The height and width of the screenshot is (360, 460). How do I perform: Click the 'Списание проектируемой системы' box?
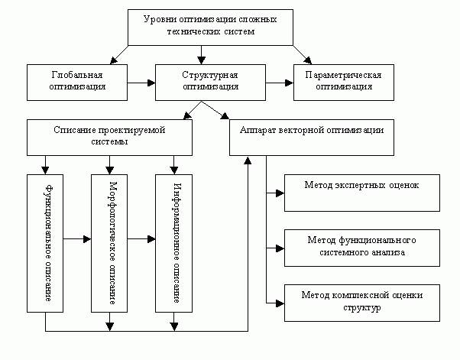coord(110,136)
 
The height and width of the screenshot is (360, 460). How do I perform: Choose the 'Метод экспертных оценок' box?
coord(361,193)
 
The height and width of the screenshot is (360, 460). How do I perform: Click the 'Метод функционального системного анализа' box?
coord(361,247)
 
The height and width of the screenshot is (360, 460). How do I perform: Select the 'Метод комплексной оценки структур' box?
coord(361,300)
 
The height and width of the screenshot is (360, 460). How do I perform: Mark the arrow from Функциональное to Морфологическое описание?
coord(77,239)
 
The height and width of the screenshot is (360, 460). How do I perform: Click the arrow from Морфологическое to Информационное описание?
coord(142,239)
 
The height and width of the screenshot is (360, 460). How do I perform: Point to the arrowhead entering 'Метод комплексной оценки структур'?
coord(279,301)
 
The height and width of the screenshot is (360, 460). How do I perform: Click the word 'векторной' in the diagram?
coord(312,131)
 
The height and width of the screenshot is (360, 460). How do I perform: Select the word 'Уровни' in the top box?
coord(160,18)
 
